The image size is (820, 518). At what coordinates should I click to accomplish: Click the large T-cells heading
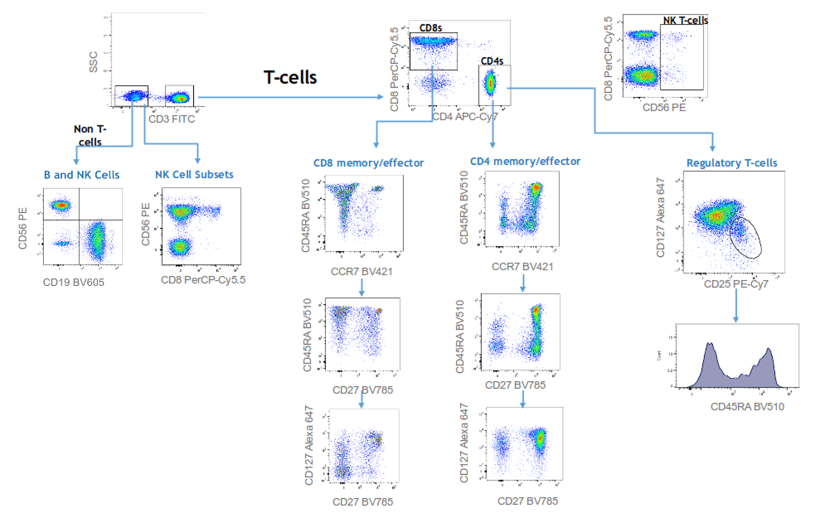pyautogui.click(x=290, y=76)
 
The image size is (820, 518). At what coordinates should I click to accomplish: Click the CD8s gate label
pyautogui.click(x=430, y=28)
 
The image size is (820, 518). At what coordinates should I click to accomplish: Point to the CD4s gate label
pyautogui.click(x=492, y=61)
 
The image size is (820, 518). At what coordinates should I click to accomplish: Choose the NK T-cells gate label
pyautogui.click(x=685, y=21)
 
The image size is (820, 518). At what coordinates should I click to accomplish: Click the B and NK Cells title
pyautogui.click(x=81, y=175)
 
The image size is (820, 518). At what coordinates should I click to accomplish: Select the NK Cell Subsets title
pyautogui.click(x=192, y=175)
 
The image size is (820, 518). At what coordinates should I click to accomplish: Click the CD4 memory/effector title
pyautogui.click(x=525, y=161)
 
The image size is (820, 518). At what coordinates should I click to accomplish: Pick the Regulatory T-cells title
pyautogui.click(x=732, y=162)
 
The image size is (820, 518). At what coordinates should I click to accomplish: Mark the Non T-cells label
pyautogui.click(x=89, y=135)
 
